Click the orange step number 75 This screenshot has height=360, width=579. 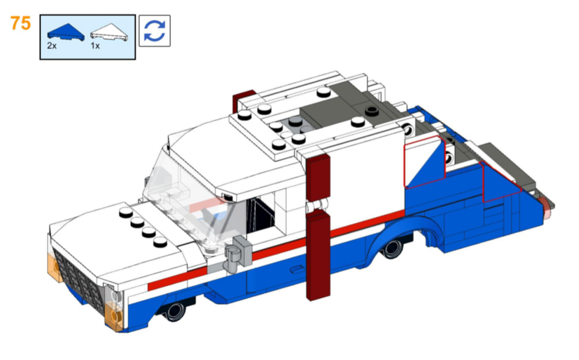click(20, 23)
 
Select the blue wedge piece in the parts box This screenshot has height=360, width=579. click(66, 32)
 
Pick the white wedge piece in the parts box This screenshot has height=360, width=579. click(109, 32)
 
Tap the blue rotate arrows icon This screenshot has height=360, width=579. click(154, 31)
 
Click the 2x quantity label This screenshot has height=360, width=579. click(52, 46)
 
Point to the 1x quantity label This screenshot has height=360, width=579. click(95, 46)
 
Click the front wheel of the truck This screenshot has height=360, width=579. click(175, 311)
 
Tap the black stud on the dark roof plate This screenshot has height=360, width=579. click(372, 111)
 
